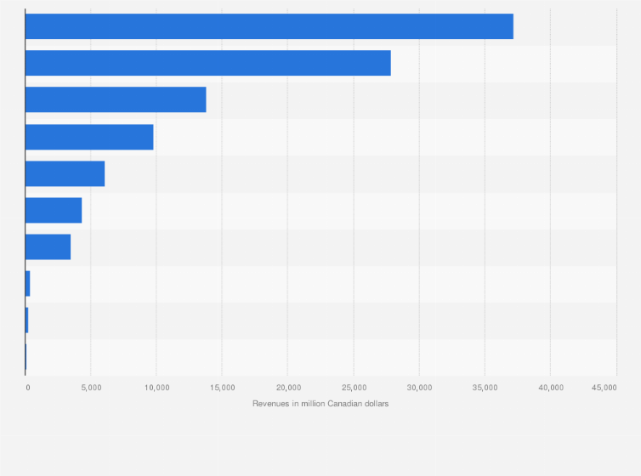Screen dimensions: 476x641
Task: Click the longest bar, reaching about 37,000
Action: [269, 26]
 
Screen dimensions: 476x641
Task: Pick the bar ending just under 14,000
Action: [116, 99]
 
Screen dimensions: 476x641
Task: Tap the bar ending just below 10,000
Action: [89, 136]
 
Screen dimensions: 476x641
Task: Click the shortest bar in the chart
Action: [26, 356]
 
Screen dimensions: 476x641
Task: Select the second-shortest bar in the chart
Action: [27, 320]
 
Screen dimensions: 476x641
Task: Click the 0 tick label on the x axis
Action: [27, 388]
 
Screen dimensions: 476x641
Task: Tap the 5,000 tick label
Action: [91, 388]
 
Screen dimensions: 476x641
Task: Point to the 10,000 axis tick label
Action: [156, 388]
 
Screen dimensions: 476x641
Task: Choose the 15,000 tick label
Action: [222, 388]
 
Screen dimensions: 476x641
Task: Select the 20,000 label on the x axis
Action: [287, 388]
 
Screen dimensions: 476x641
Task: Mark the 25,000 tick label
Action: [354, 388]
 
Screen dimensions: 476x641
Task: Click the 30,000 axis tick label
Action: [419, 388]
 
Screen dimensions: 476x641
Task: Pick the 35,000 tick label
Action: [485, 388]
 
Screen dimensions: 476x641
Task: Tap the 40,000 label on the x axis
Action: [550, 388]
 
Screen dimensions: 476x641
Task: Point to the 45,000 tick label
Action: [604, 388]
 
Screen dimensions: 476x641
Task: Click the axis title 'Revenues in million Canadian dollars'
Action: [320, 403]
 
